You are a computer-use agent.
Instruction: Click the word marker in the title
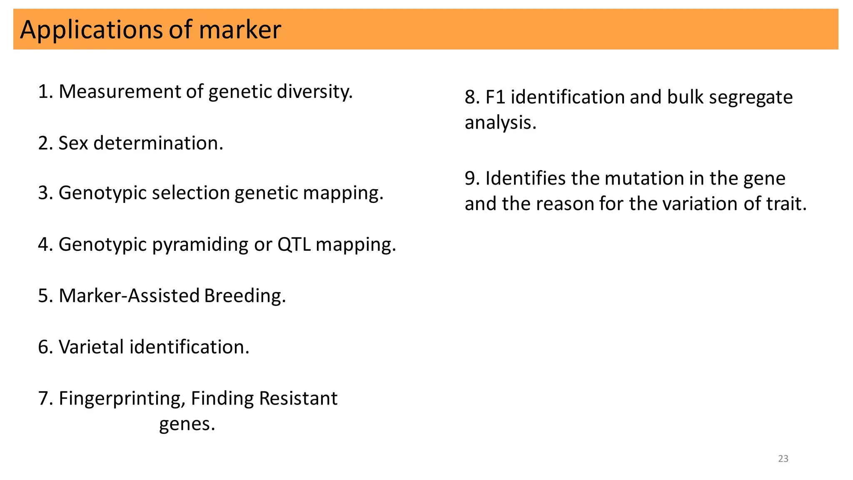[240, 30]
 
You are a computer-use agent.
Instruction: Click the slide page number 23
[783, 459]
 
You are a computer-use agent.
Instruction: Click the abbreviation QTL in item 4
[294, 245]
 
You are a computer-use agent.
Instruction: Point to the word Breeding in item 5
[244, 296]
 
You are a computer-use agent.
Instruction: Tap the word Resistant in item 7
[298, 398]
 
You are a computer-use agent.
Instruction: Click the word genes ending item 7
[187, 424]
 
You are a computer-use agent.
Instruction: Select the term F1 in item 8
[495, 97]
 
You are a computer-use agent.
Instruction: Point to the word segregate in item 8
[751, 97]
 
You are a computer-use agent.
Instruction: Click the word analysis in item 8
[500, 123]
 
